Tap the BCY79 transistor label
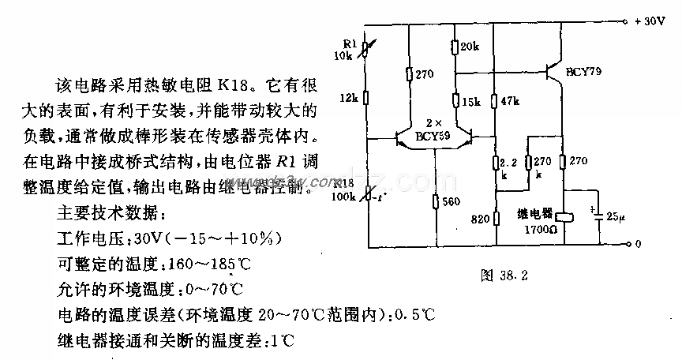pos(584,72)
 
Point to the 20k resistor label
pos(470,47)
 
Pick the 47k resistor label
pos(510,102)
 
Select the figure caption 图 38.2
pos(503,276)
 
